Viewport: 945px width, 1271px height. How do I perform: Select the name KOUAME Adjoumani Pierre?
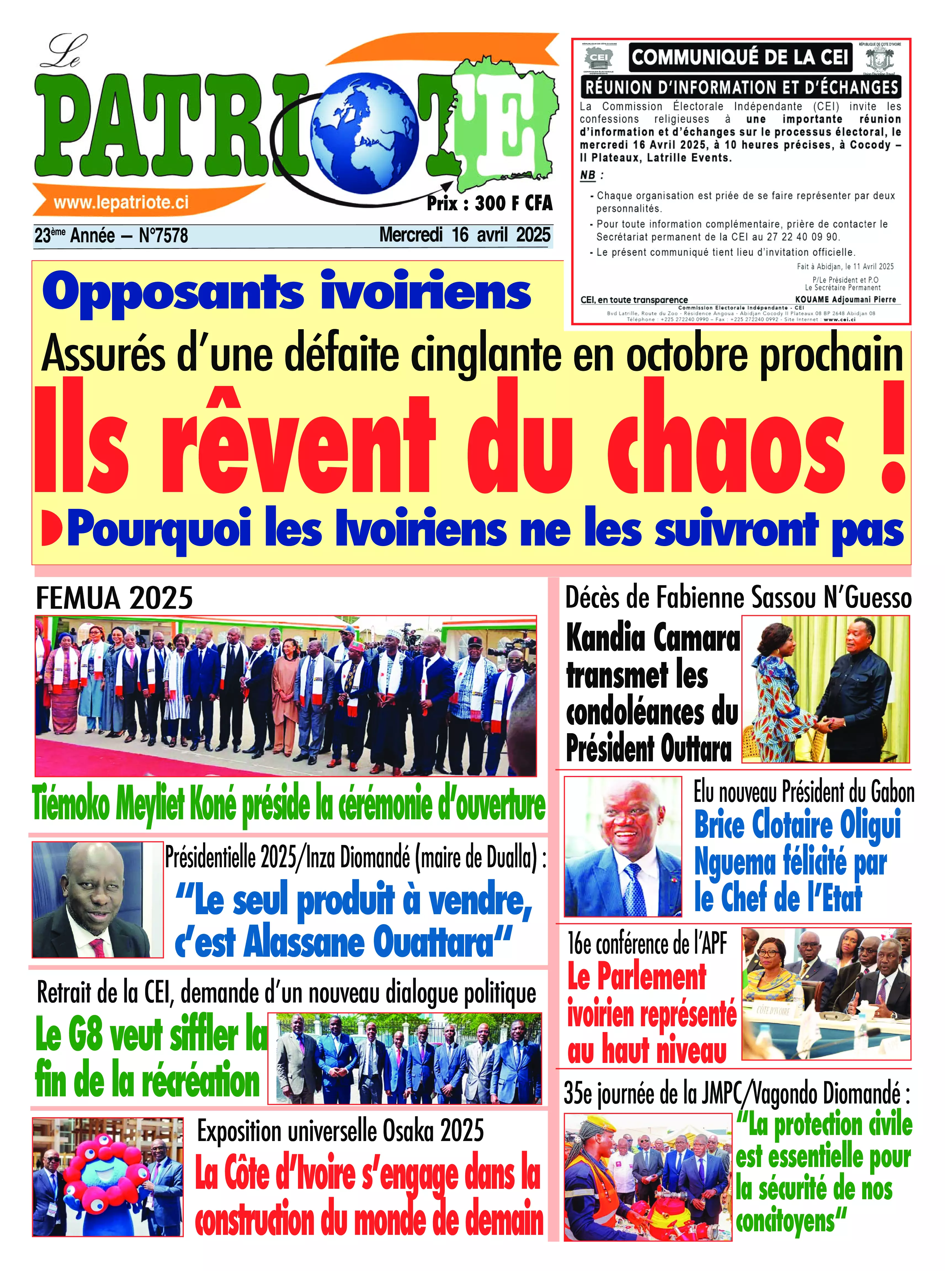pos(845,299)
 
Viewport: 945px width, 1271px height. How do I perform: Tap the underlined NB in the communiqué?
pos(587,175)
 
